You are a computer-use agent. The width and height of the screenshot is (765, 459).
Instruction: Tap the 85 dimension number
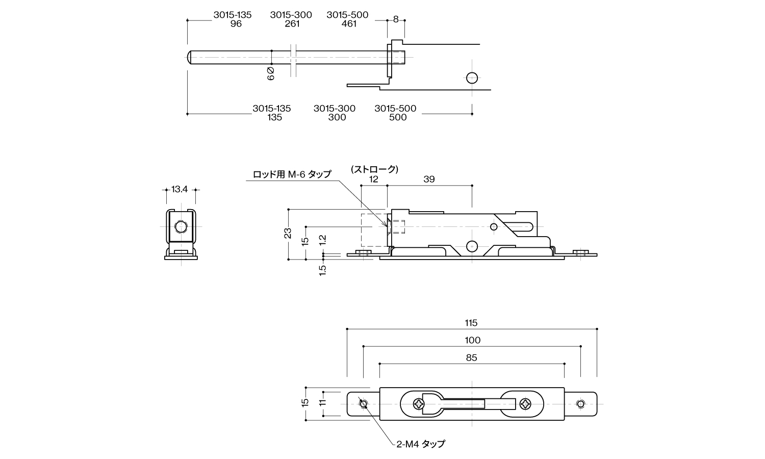click(471, 358)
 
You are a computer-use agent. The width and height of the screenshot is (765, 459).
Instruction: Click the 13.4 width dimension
click(180, 189)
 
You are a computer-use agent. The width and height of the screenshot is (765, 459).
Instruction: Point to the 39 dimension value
click(429, 180)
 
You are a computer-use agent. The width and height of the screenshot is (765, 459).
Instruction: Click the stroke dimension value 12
click(374, 180)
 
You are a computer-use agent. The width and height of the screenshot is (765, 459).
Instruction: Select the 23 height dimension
click(288, 234)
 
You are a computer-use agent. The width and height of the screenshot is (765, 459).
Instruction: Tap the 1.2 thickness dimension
click(322, 240)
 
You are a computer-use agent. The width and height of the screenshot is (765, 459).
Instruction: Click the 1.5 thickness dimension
click(322, 270)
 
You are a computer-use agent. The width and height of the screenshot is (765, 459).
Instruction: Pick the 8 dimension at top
click(396, 19)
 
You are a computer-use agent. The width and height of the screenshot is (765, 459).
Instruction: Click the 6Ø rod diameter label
click(271, 73)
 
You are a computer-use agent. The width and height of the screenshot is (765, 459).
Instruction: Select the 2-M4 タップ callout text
click(421, 444)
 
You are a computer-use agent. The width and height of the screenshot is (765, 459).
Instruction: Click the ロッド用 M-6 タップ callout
click(292, 174)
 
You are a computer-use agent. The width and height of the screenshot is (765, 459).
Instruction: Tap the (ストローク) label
click(374, 169)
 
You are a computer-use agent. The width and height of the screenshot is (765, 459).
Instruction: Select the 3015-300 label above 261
click(291, 15)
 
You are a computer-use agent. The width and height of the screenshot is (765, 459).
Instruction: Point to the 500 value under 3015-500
click(398, 117)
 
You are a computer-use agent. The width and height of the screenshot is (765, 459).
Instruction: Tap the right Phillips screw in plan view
click(525, 404)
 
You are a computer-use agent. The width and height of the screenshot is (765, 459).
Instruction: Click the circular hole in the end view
click(180, 226)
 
